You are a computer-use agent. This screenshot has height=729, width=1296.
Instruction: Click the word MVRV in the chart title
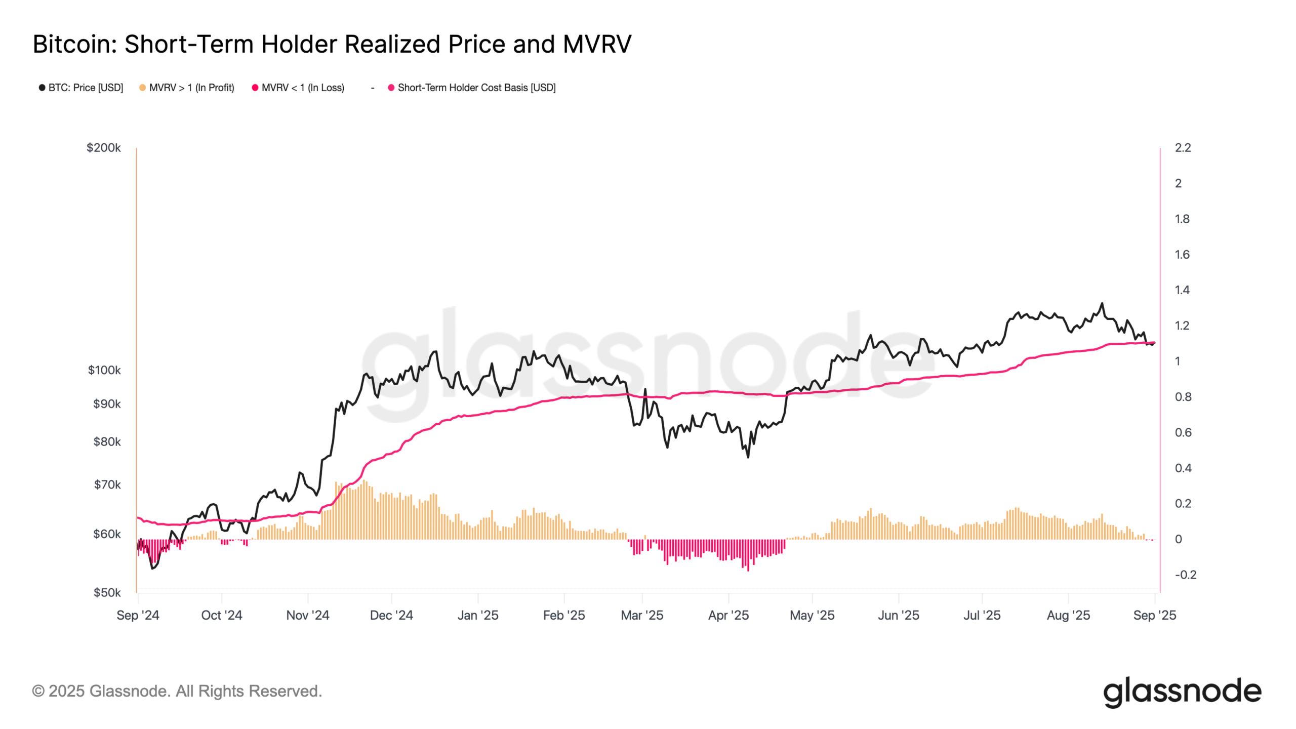(597, 44)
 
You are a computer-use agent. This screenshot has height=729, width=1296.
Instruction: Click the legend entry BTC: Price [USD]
(85, 88)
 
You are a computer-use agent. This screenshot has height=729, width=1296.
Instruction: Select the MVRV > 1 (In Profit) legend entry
(191, 88)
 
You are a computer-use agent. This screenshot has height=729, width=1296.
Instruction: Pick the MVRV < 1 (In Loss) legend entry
(302, 88)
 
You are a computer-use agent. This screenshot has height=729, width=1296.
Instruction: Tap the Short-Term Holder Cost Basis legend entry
(476, 88)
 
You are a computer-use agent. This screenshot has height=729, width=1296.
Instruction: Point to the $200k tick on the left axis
(103, 148)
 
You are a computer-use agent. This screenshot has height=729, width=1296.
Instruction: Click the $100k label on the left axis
(104, 370)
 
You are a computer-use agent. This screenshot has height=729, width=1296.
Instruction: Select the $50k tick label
(106, 592)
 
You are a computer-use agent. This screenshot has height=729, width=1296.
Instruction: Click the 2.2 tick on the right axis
(1183, 148)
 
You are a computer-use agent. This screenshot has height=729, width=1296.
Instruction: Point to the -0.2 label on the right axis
(1185, 575)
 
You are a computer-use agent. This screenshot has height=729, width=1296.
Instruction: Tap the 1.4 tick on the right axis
(1182, 290)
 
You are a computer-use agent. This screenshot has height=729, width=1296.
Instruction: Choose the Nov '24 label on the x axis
(307, 615)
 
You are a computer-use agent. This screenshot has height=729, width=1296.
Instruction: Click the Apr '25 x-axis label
(728, 615)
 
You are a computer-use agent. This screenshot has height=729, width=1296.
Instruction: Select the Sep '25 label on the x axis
(1154, 615)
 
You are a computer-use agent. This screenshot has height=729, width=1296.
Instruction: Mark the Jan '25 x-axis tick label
(477, 615)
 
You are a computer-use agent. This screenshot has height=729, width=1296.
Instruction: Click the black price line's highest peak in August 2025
(1102, 304)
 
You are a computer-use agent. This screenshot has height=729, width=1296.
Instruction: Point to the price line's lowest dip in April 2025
(748, 457)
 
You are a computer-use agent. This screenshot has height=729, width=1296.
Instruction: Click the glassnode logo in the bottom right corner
(1182, 692)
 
